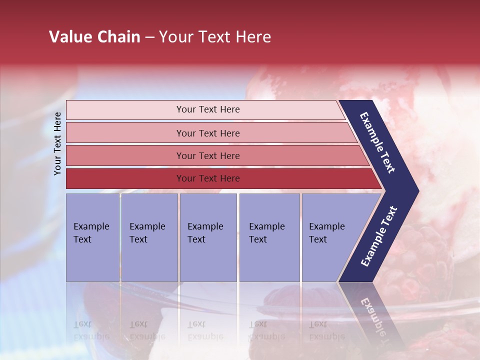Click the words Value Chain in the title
tap(94, 37)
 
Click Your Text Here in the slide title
tap(215, 37)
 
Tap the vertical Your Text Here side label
tap(57, 143)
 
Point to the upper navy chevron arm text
tap(377, 143)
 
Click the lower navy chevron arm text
tap(378, 236)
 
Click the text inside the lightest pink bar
tap(208, 109)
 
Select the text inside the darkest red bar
tap(208, 178)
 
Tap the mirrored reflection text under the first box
tap(91, 330)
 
